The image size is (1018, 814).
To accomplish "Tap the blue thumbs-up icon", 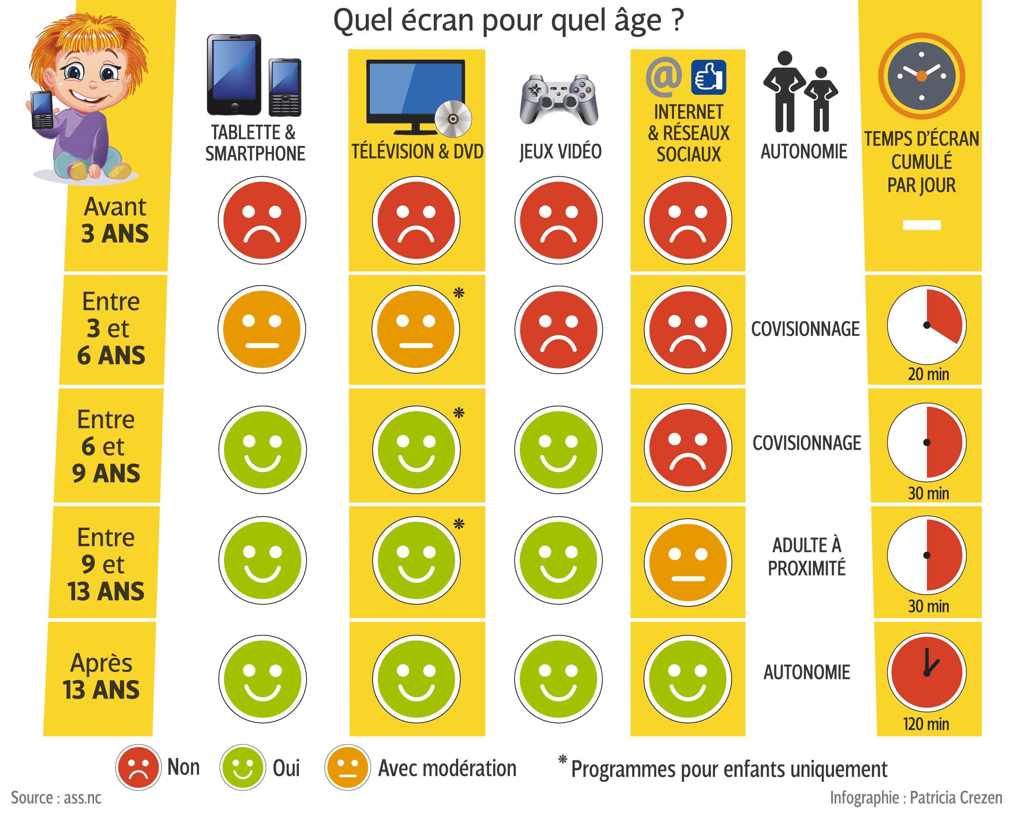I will pos(708,78).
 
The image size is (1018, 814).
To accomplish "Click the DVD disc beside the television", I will pos(452,119).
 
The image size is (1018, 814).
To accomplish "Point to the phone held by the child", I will pos(42,110).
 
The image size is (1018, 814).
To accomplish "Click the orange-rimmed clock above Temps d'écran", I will pos(921,76).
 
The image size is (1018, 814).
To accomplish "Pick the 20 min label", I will pos(928,374).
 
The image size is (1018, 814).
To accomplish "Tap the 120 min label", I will pos(926,723).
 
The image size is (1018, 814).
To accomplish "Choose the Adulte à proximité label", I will pos(806,557).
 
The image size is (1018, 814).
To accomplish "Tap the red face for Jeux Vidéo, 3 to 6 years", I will pos(558,329).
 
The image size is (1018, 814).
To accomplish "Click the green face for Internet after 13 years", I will pos(688,679).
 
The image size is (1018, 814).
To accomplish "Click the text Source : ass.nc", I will pos(56,797).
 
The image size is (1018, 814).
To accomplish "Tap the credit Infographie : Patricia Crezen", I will pos(916,797).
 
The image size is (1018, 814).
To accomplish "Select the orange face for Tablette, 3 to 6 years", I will pos(262,329).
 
